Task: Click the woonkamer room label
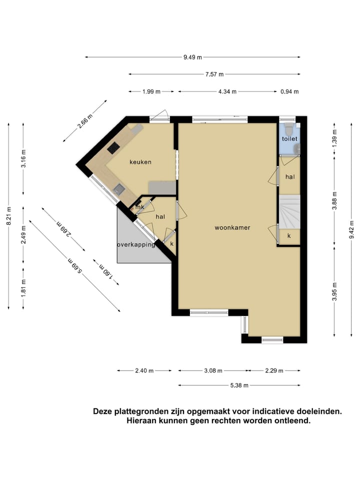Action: click(x=232, y=227)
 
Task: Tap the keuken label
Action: click(x=140, y=162)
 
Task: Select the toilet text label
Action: click(x=289, y=139)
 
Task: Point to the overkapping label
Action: click(x=136, y=244)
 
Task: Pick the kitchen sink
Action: click(x=119, y=188)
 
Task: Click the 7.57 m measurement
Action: click(x=214, y=74)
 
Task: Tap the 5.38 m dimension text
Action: click(x=238, y=385)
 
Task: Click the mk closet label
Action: click(x=140, y=207)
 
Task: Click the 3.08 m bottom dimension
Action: click(x=213, y=370)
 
